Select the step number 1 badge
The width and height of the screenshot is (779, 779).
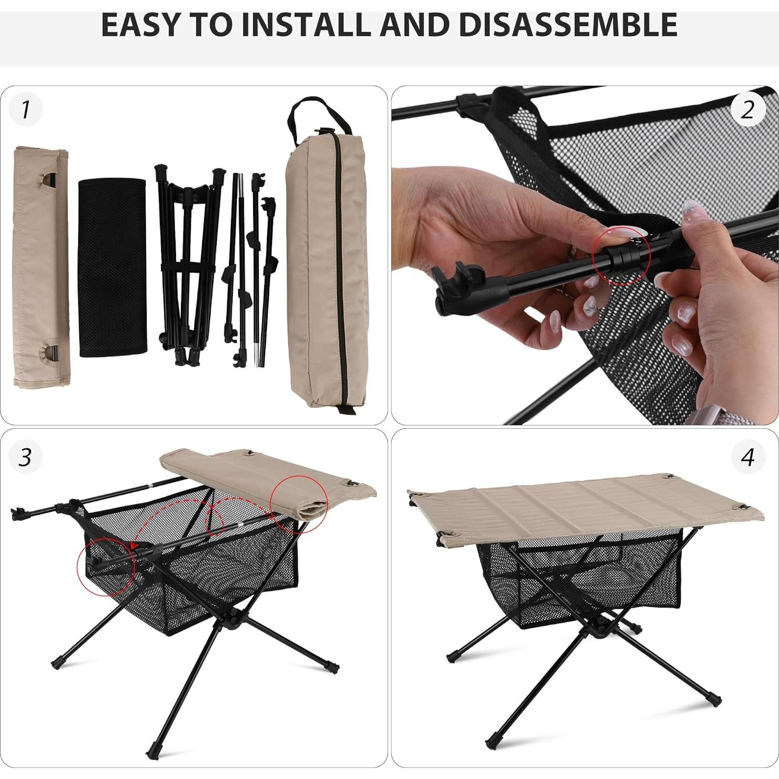coord(25,110)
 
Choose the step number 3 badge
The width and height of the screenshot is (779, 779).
coord(25,456)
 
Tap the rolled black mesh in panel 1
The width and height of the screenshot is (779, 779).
coord(112,268)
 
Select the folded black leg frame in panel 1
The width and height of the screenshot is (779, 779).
coord(187,263)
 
